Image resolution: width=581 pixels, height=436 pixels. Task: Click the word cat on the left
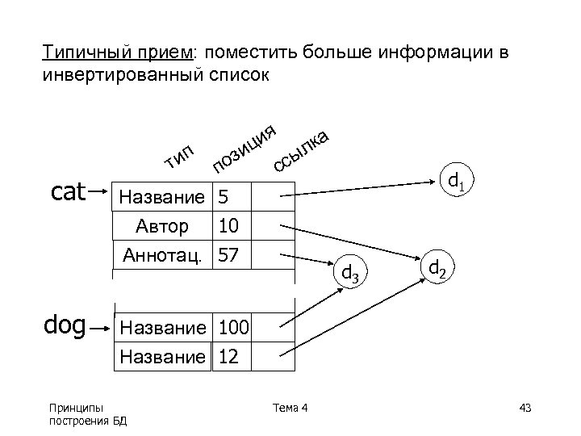click(x=68, y=193)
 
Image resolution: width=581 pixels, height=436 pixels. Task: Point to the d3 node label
click(x=349, y=272)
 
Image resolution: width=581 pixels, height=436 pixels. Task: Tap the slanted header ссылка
click(x=302, y=149)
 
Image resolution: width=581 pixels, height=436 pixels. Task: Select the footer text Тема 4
click(x=291, y=406)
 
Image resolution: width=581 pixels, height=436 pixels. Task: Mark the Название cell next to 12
click(x=162, y=356)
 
